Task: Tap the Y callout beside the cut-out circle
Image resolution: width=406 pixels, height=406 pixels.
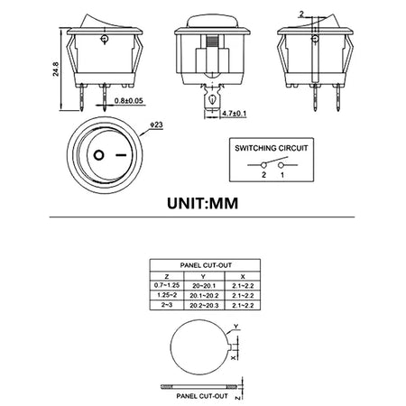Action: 235,327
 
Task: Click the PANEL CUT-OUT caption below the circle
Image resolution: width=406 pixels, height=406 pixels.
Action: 202,393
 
